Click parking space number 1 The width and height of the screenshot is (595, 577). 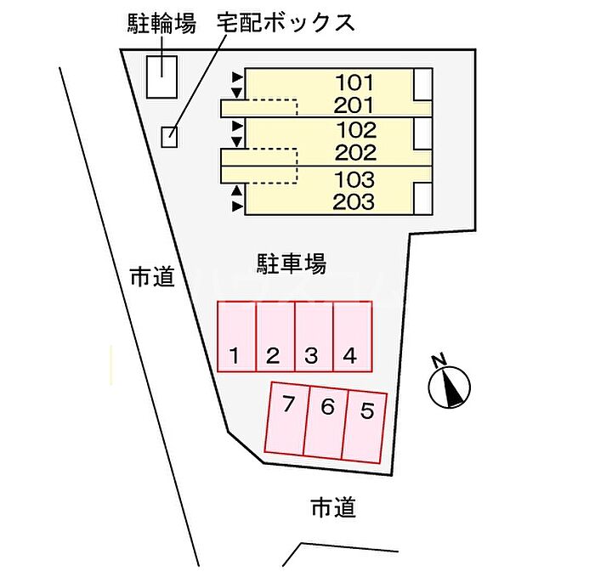pyautogui.click(x=236, y=337)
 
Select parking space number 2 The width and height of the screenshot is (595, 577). pyautogui.click(x=275, y=337)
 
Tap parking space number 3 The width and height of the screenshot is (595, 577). pyautogui.click(x=314, y=337)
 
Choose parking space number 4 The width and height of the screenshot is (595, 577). pyautogui.click(x=353, y=337)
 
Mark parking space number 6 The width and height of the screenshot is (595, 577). pyautogui.click(x=326, y=422)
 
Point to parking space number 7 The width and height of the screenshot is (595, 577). pyautogui.click(x=287, y=417)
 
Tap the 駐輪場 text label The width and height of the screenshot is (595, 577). pyautogui.click(x=161, y=24)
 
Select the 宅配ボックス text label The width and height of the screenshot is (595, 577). pyautogui.click(x=286, y=22)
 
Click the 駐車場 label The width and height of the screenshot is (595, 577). pyautogui.click(x=292, y=263)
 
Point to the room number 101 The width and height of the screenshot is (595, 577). pyautogui.click(x=354, y=82)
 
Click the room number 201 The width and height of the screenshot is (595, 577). pyautogui.click(x=354, y=105)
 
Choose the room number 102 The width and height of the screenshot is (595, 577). pyautogui.click(x=357, y=130)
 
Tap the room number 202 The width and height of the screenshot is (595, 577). pyautogui.click(x=355, y=153)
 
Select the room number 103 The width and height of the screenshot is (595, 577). pyautogui.click(x=354, y=179)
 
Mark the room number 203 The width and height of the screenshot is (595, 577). pyautogui.click(x=354, y=201)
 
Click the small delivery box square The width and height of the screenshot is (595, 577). pyautogui.click(x=169, y=137)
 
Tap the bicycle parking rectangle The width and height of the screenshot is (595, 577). pyautogui.click(x=162, y=77)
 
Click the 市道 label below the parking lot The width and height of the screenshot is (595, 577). pyautogui.click(x=333, y=508)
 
